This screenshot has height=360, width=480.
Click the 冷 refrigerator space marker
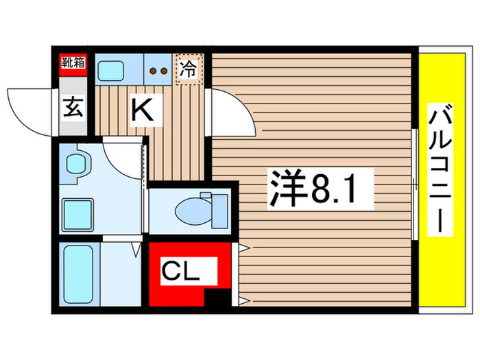[x=188, y=68]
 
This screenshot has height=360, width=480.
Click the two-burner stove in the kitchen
[x=158, y=69]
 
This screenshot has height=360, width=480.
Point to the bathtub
[x=77, y=274]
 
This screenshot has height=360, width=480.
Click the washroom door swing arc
[x=123, y=158]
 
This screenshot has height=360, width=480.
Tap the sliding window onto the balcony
[x=416, y=182]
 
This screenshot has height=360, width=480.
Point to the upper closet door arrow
[x=243, y=248]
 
